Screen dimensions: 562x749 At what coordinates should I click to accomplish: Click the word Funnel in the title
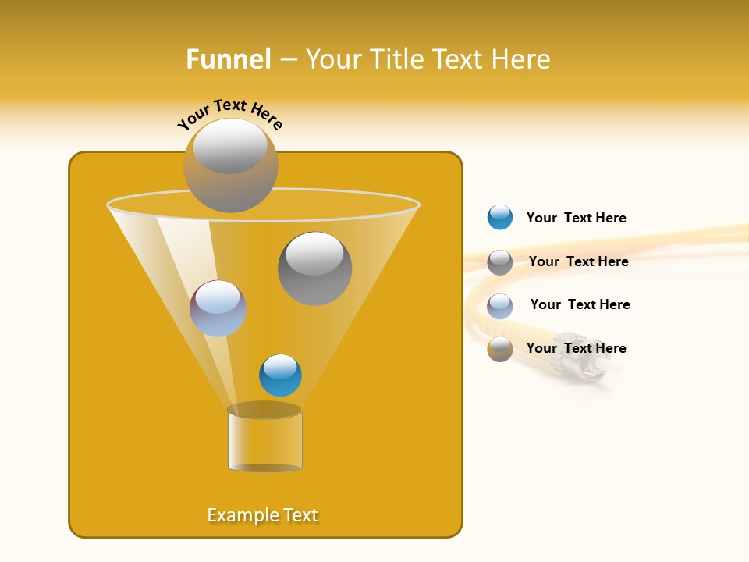pos(228,59)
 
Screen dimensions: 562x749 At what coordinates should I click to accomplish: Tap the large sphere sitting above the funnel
pos(230,165)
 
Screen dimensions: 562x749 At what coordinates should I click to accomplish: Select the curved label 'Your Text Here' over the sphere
pos(230,112)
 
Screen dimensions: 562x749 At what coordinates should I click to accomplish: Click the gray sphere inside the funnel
pos(314,268)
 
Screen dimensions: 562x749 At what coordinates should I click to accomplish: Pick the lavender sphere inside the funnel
pos(218,308)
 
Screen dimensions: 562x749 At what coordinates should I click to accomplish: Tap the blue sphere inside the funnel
pos(280,375)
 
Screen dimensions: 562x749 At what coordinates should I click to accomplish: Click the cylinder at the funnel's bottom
pos(264,441)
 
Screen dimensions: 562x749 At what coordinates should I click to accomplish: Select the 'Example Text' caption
pos(263,515)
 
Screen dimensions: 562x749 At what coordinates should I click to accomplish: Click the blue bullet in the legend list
pos(500,218)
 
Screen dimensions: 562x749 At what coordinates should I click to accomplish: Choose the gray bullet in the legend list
pos(500,261)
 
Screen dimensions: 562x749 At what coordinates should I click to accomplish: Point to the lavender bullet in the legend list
pos(500,305)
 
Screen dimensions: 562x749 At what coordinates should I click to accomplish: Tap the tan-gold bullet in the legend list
pos(500,348)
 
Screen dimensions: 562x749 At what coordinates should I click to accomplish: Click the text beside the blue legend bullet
pos(576,218)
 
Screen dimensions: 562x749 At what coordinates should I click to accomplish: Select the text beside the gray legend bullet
pos(578,261)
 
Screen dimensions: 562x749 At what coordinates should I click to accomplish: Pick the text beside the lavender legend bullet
pos(580,304)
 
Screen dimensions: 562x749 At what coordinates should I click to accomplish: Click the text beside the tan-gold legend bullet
pos(576,348)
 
